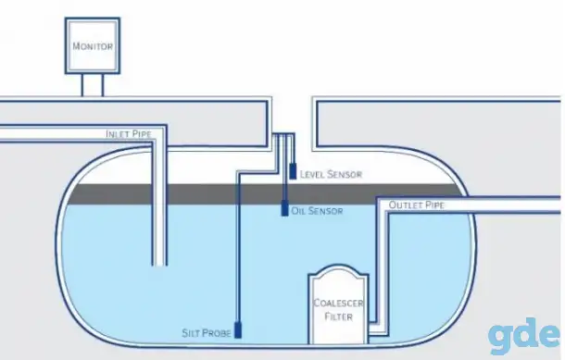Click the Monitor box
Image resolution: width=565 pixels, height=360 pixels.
coord(93,45)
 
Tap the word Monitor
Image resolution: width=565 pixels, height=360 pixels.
coord(93,46)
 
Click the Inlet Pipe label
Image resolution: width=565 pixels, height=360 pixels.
coord(129,134)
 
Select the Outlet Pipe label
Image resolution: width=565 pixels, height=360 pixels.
coord(417,205)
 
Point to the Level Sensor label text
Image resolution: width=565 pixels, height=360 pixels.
coord(332,175)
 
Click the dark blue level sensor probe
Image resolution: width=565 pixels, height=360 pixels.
coord(293,171)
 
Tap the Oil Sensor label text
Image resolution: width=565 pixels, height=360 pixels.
coord(317,211)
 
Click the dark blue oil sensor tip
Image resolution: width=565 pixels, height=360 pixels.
coord(284,208)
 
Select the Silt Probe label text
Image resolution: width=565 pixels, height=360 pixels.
coord(207,333)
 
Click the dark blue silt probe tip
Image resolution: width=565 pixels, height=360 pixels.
coord(238,330)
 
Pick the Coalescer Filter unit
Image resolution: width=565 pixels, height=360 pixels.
coord(338,304)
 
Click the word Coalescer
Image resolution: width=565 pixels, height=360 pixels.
coord(338,304)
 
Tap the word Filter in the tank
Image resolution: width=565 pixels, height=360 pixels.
coord(338,317)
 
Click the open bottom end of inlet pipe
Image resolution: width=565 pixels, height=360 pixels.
coord(159,265)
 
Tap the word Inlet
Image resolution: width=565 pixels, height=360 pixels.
coord(117,134)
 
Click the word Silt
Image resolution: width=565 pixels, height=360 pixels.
coord(190,333)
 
